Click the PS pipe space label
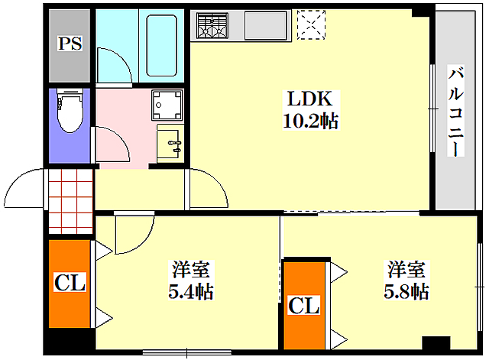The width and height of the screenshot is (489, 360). click(70, 44)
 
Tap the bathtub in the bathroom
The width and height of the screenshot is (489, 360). click(162, 46)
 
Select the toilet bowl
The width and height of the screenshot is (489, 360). click(70, 111)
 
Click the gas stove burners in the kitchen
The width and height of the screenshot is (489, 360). click(212, 25)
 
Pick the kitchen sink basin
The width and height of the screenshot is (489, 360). click(266, 25)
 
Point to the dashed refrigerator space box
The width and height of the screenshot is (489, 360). click(311, 25)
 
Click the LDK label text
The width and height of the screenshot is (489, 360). click(309, 99)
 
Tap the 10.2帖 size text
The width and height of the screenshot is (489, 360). click(311, 121)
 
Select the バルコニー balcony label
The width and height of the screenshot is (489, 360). click(455, 111)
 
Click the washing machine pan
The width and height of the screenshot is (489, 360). click(167, 105)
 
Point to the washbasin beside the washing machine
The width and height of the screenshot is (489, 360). click(170, 144)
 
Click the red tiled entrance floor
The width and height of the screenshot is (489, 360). click(71, 202)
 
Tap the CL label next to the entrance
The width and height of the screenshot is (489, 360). click(70, 282)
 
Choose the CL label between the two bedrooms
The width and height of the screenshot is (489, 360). click(304, 306)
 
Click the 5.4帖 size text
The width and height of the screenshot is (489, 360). click(191, 292)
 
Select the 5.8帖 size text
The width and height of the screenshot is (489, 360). click(406, 291)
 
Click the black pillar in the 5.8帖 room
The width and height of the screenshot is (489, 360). click(436, 343)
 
